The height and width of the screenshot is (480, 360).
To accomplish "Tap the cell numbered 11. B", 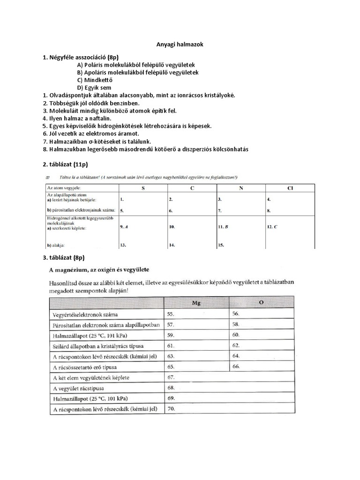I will [x=223, y=226].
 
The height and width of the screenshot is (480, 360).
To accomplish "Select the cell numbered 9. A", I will [x=124, y=226].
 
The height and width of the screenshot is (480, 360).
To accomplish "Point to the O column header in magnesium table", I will [x=261, y=303].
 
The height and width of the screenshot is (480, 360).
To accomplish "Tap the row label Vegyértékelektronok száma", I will [x=85, y=314].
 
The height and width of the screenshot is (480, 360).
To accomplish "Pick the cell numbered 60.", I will [x=236, y=335].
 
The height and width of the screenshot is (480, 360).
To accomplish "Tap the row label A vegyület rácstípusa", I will [x=81, y=388].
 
